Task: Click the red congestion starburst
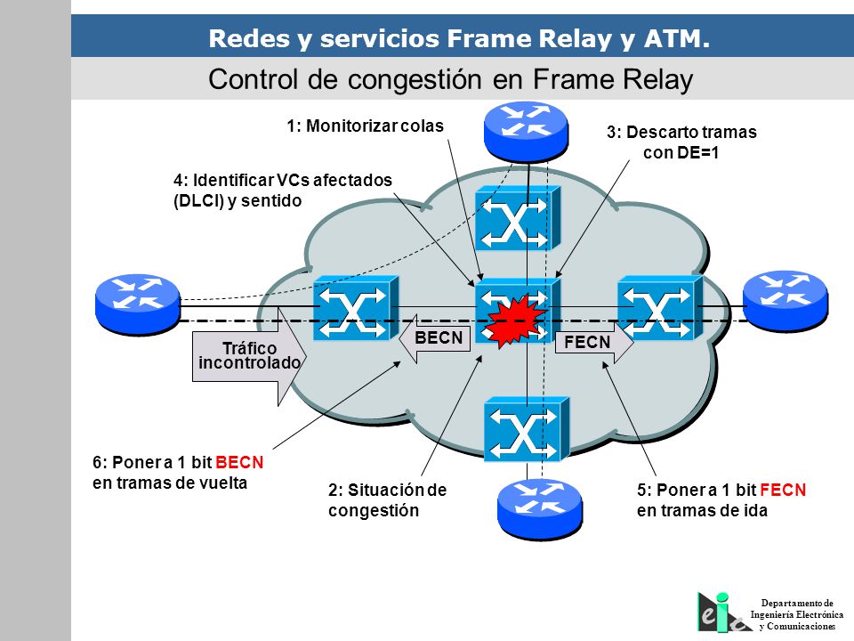(516, 321)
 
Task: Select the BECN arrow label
(435, 338)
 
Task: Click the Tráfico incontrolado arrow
(249, 356)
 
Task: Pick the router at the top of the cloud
(526, 131)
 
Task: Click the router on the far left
(137, 304)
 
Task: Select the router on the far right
(786, 301)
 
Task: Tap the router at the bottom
(540, 509)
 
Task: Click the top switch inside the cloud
(518, 218)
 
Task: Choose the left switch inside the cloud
(356, 308)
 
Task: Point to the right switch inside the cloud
(660, 308)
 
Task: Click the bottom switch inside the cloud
(527, 429)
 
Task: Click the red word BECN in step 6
(239, 462)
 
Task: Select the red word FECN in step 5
(783, 490)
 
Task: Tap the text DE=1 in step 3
(697, 152)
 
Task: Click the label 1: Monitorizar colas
(365, 126)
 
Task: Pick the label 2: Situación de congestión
(387, 499)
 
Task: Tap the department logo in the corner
(722, 613)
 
